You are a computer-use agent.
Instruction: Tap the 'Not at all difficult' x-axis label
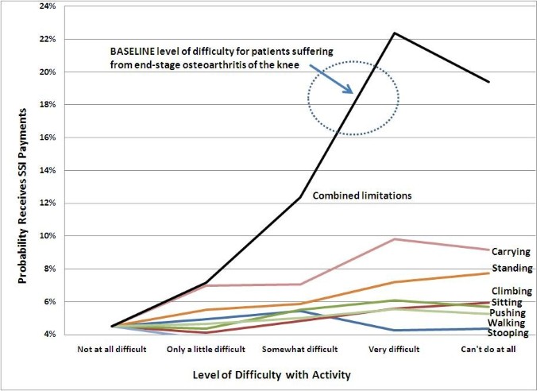111,349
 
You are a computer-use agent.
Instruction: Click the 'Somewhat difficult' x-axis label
300,349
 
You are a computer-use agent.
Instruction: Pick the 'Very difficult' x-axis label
395,349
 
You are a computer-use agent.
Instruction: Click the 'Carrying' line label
511,252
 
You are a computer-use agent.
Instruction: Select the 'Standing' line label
511,269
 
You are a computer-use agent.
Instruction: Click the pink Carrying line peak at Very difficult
395,239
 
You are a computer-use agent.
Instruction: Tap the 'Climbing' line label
511,292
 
